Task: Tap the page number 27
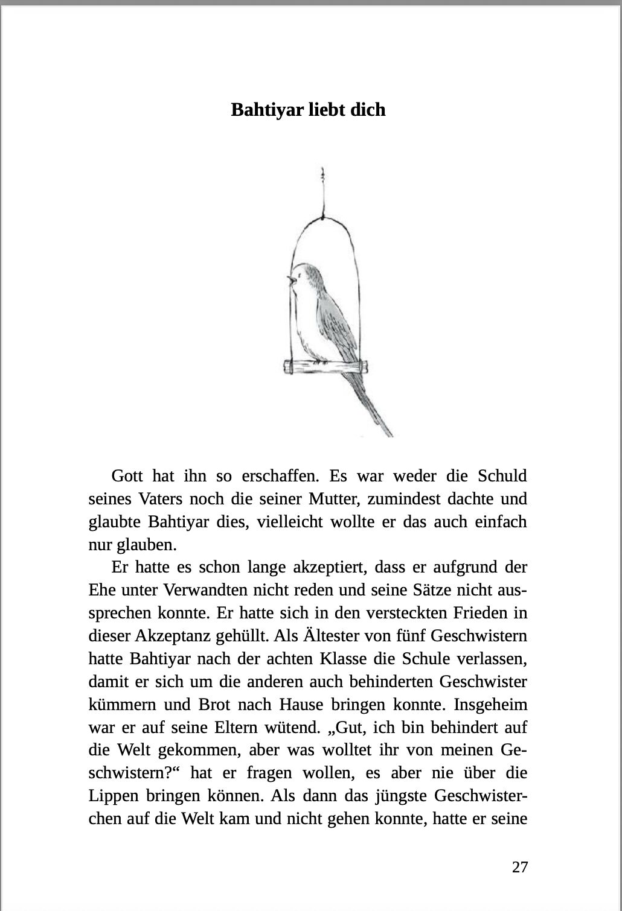pos(520,867)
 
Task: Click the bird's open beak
pos(291,280)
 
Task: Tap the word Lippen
pos(112,796)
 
